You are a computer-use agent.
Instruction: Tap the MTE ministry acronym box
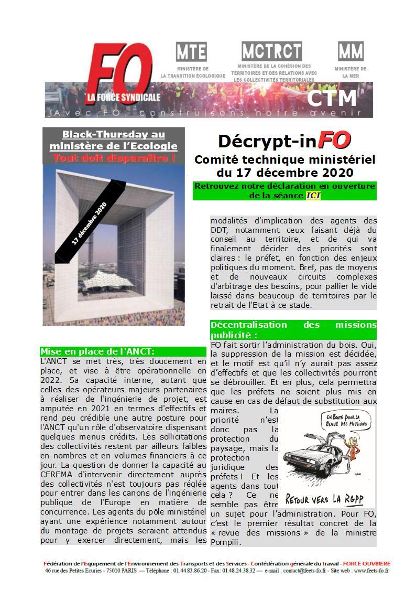click(191, 51)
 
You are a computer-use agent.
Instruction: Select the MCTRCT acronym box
click(271, 51)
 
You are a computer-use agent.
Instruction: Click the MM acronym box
click(351, 51)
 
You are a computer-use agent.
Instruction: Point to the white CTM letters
click(332, 98)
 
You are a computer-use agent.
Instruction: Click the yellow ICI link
click(313, 195)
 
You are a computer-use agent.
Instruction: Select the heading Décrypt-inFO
click(284, 141)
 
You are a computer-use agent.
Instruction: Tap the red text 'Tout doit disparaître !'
click(113, 157)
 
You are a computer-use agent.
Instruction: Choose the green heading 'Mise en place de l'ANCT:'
click(98, 351)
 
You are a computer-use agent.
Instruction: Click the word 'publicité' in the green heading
click(229, 335)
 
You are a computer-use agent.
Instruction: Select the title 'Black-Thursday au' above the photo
click(114, 135)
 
